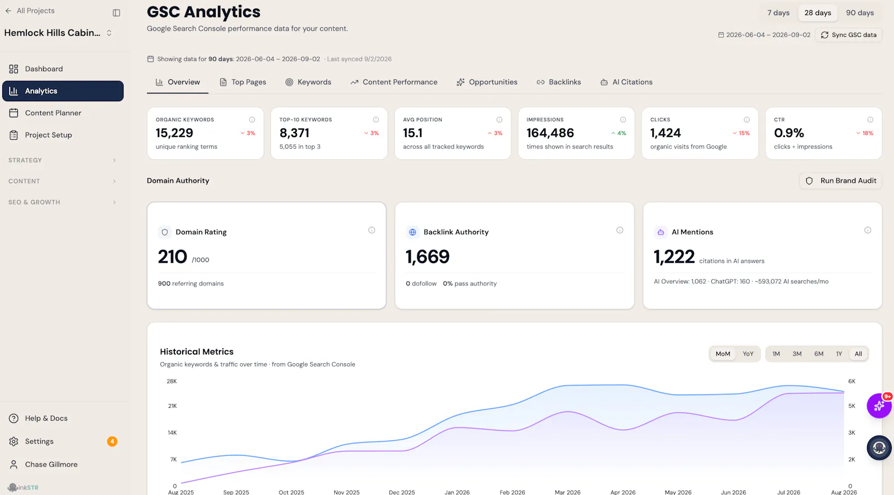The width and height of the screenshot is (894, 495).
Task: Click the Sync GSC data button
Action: pos(849,35)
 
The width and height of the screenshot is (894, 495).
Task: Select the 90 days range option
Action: pos(860,13)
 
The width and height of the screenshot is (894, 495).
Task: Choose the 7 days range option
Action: pos(778,13)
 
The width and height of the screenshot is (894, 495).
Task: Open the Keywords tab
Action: pos(308,82)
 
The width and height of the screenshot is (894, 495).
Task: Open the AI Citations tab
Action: pos(626,82)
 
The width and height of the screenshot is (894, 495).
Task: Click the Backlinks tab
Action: pos(558,82)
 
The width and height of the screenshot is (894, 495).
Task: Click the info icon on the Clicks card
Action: pos(746,120)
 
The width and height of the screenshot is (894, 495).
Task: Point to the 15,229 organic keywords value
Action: pos(174,132)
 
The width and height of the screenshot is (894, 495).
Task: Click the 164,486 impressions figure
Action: pos(550,132)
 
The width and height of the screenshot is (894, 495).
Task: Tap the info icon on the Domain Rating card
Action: pos(372,230)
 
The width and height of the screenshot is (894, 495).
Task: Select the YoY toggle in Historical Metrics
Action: pos(748,354)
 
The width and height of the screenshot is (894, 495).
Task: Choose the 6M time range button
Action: pos(819,354)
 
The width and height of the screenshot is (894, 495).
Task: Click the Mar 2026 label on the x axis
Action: pos(568,492)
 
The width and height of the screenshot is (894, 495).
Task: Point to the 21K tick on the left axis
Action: pos(173,406)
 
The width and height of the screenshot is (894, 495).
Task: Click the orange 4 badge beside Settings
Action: pos(112,441)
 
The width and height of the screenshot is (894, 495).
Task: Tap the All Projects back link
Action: pos(30,11)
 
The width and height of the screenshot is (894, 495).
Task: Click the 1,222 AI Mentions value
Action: pos(674,256)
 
